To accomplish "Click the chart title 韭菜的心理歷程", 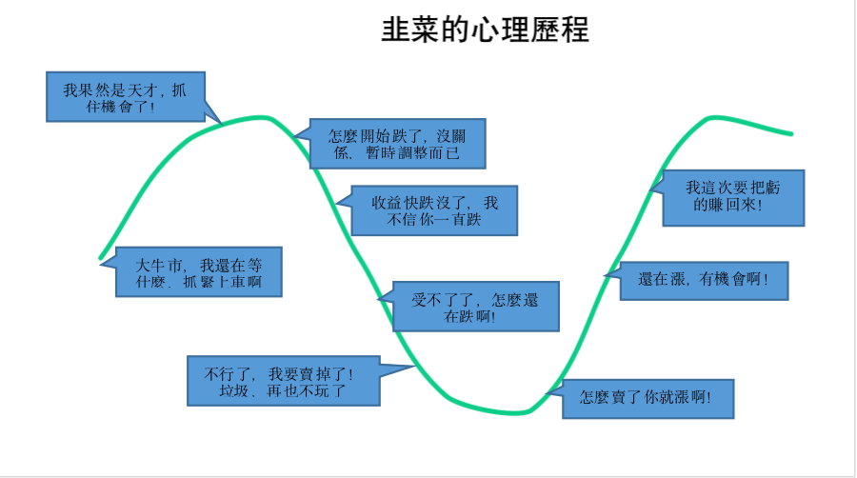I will click(486, 30).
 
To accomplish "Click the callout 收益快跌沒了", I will click(433, 210).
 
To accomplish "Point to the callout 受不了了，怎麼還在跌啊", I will click(472, 307).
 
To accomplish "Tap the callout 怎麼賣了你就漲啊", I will click(648, 397).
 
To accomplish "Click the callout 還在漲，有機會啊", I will click(704, 281).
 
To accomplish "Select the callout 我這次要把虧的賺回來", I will click(733, 197).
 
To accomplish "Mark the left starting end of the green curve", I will click(101, 257).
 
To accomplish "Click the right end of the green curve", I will click(791, 133).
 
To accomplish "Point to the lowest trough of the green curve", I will click(514, 412).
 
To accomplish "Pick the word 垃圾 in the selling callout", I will click(234, 390).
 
